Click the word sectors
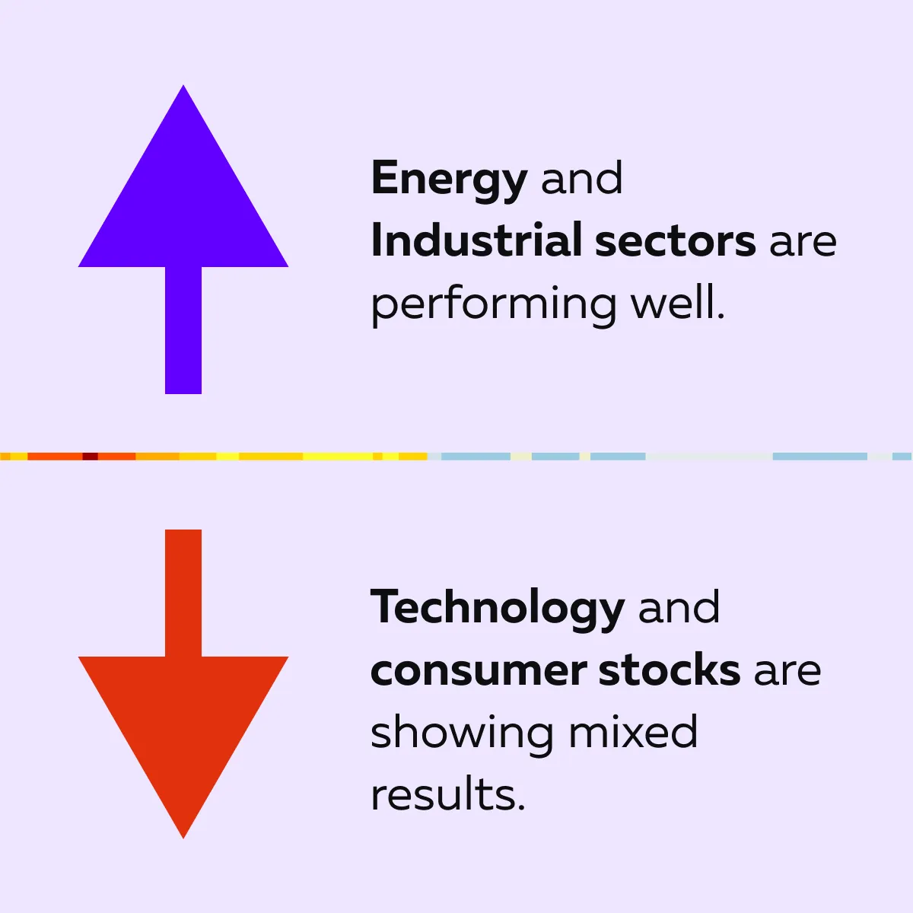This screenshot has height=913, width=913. tap(675, 242)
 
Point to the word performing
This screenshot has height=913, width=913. tap(494, 306)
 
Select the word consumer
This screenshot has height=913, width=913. tap(479, 671)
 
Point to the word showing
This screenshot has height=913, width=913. tap(462, 734)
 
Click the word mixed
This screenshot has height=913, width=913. tap(633, 731)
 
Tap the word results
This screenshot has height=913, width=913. tap(447, 794)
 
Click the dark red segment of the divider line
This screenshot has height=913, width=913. tap(90, 456)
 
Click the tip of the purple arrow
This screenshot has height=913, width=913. tap(183, 85)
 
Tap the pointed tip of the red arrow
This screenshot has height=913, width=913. tap(183, 838)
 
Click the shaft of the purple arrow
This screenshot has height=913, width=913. tap(183, 330)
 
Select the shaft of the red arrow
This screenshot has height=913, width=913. tap(183, 593)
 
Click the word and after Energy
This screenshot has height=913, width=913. tap(582, 178)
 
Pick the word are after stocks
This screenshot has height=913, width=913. tap(787, 672)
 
